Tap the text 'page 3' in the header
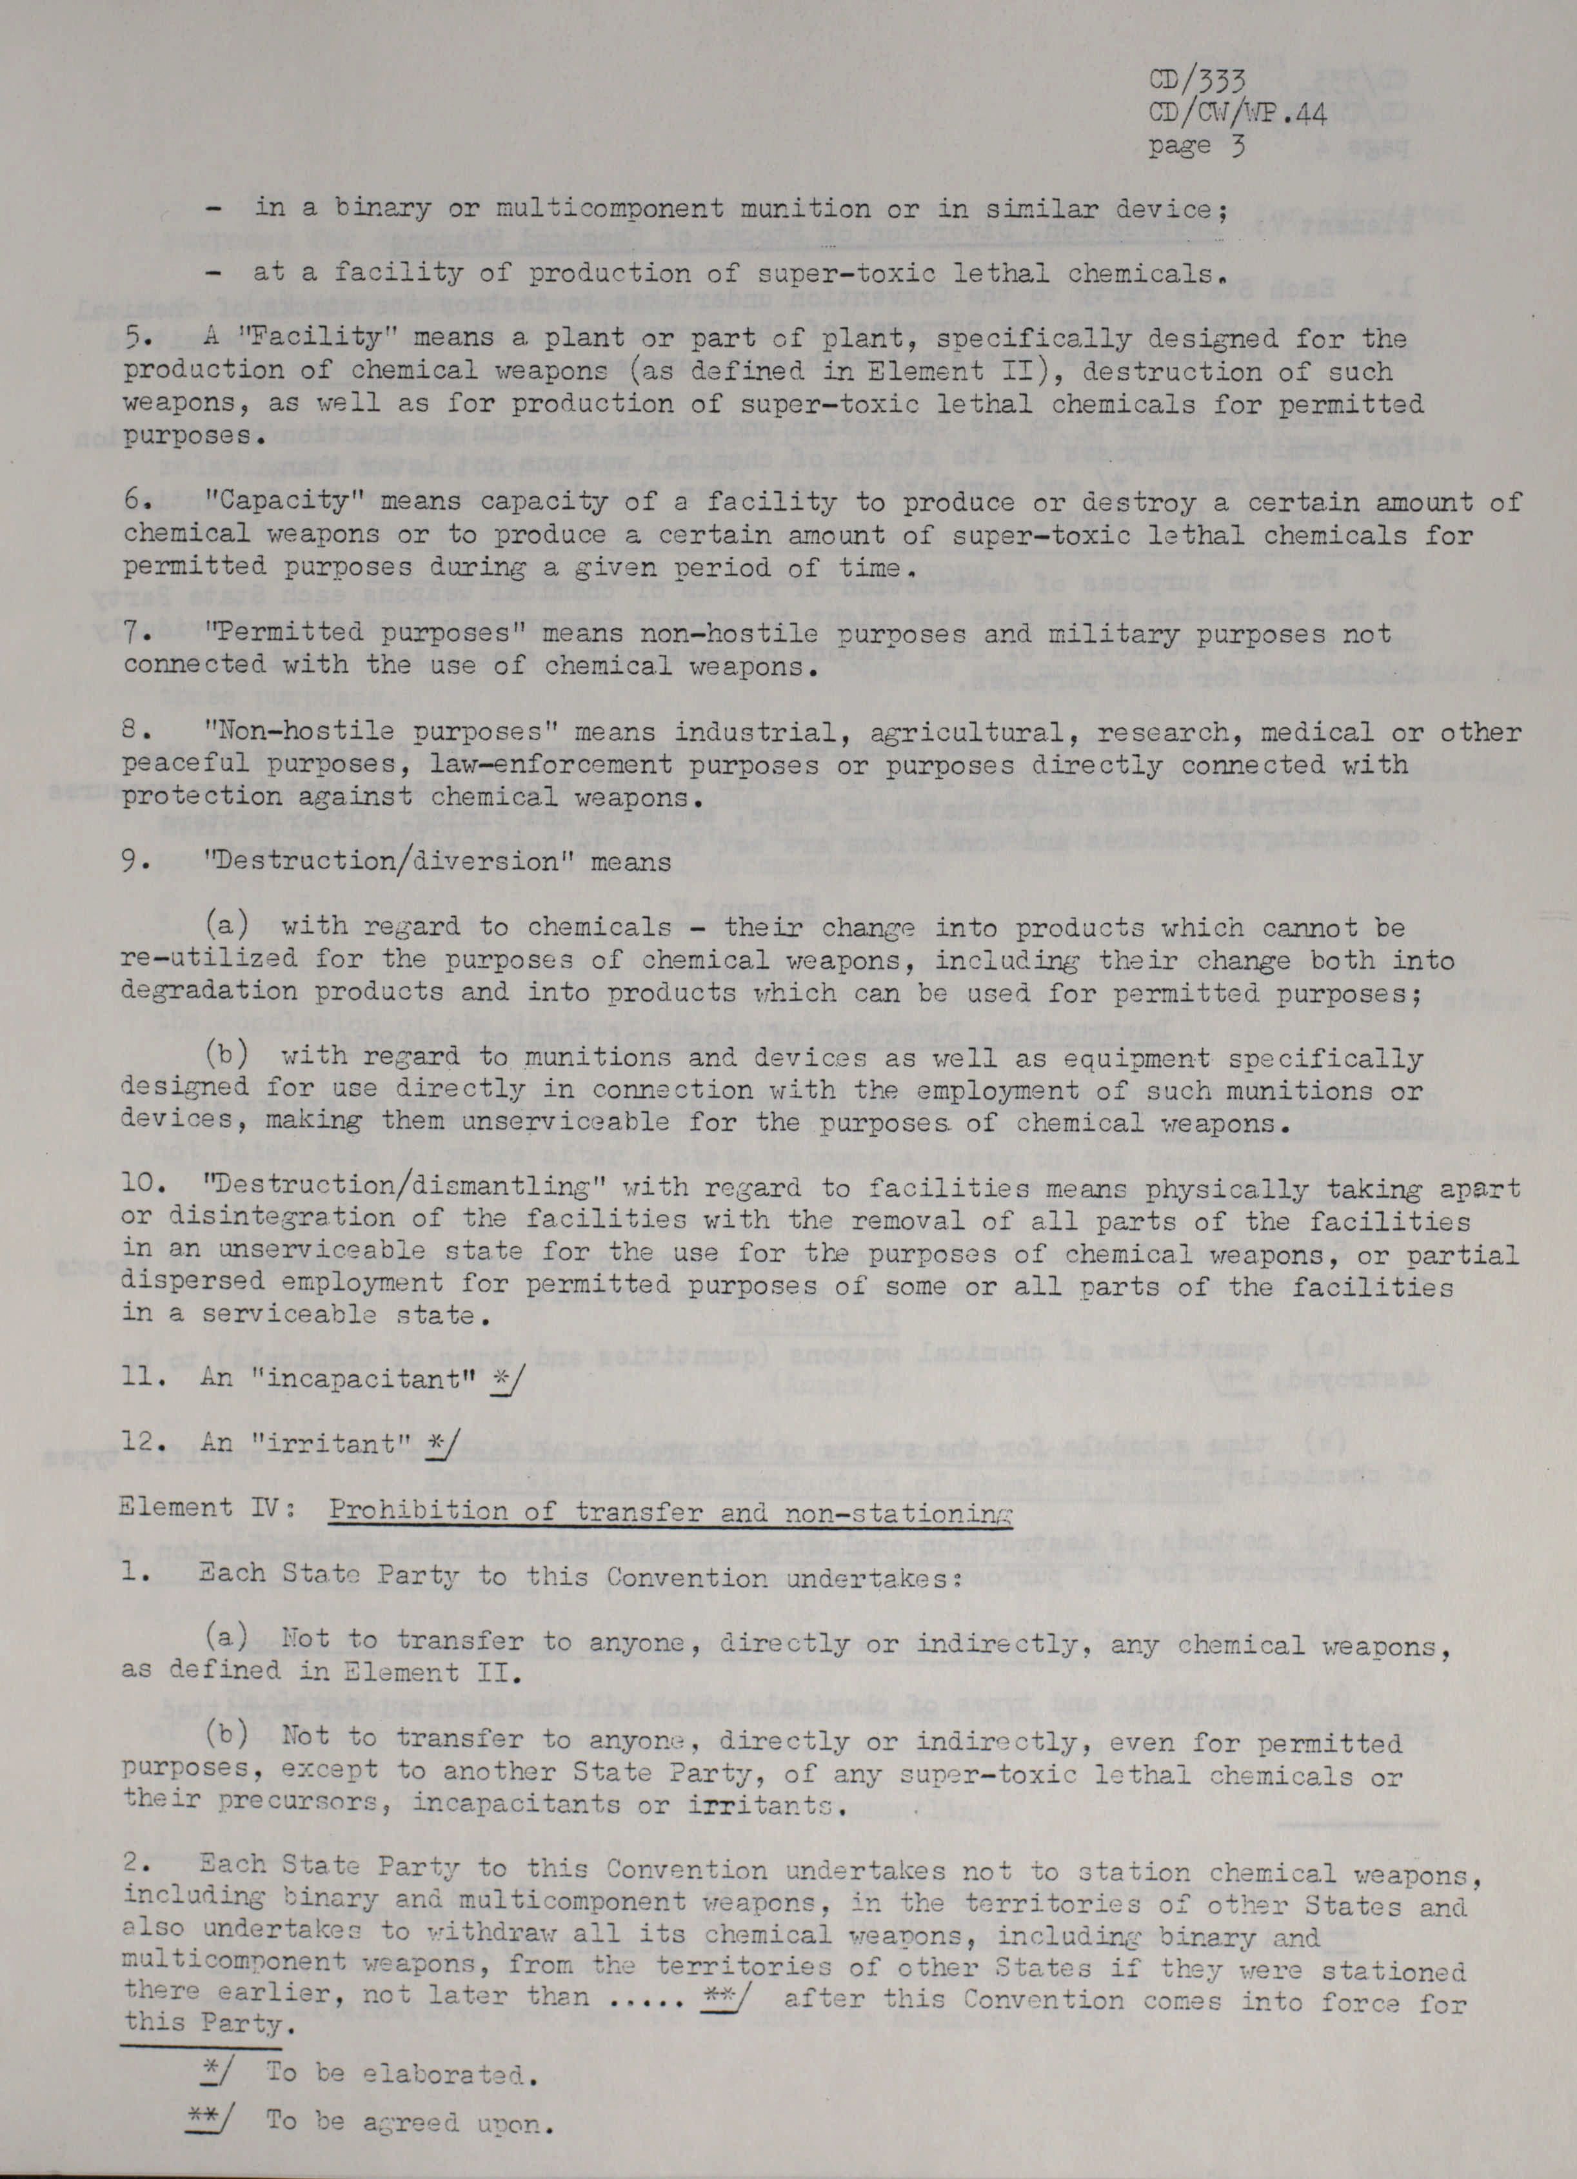1197,147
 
